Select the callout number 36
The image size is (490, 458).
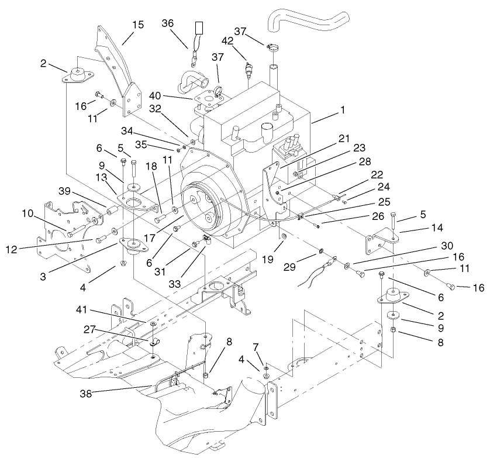tap(167, 23)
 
